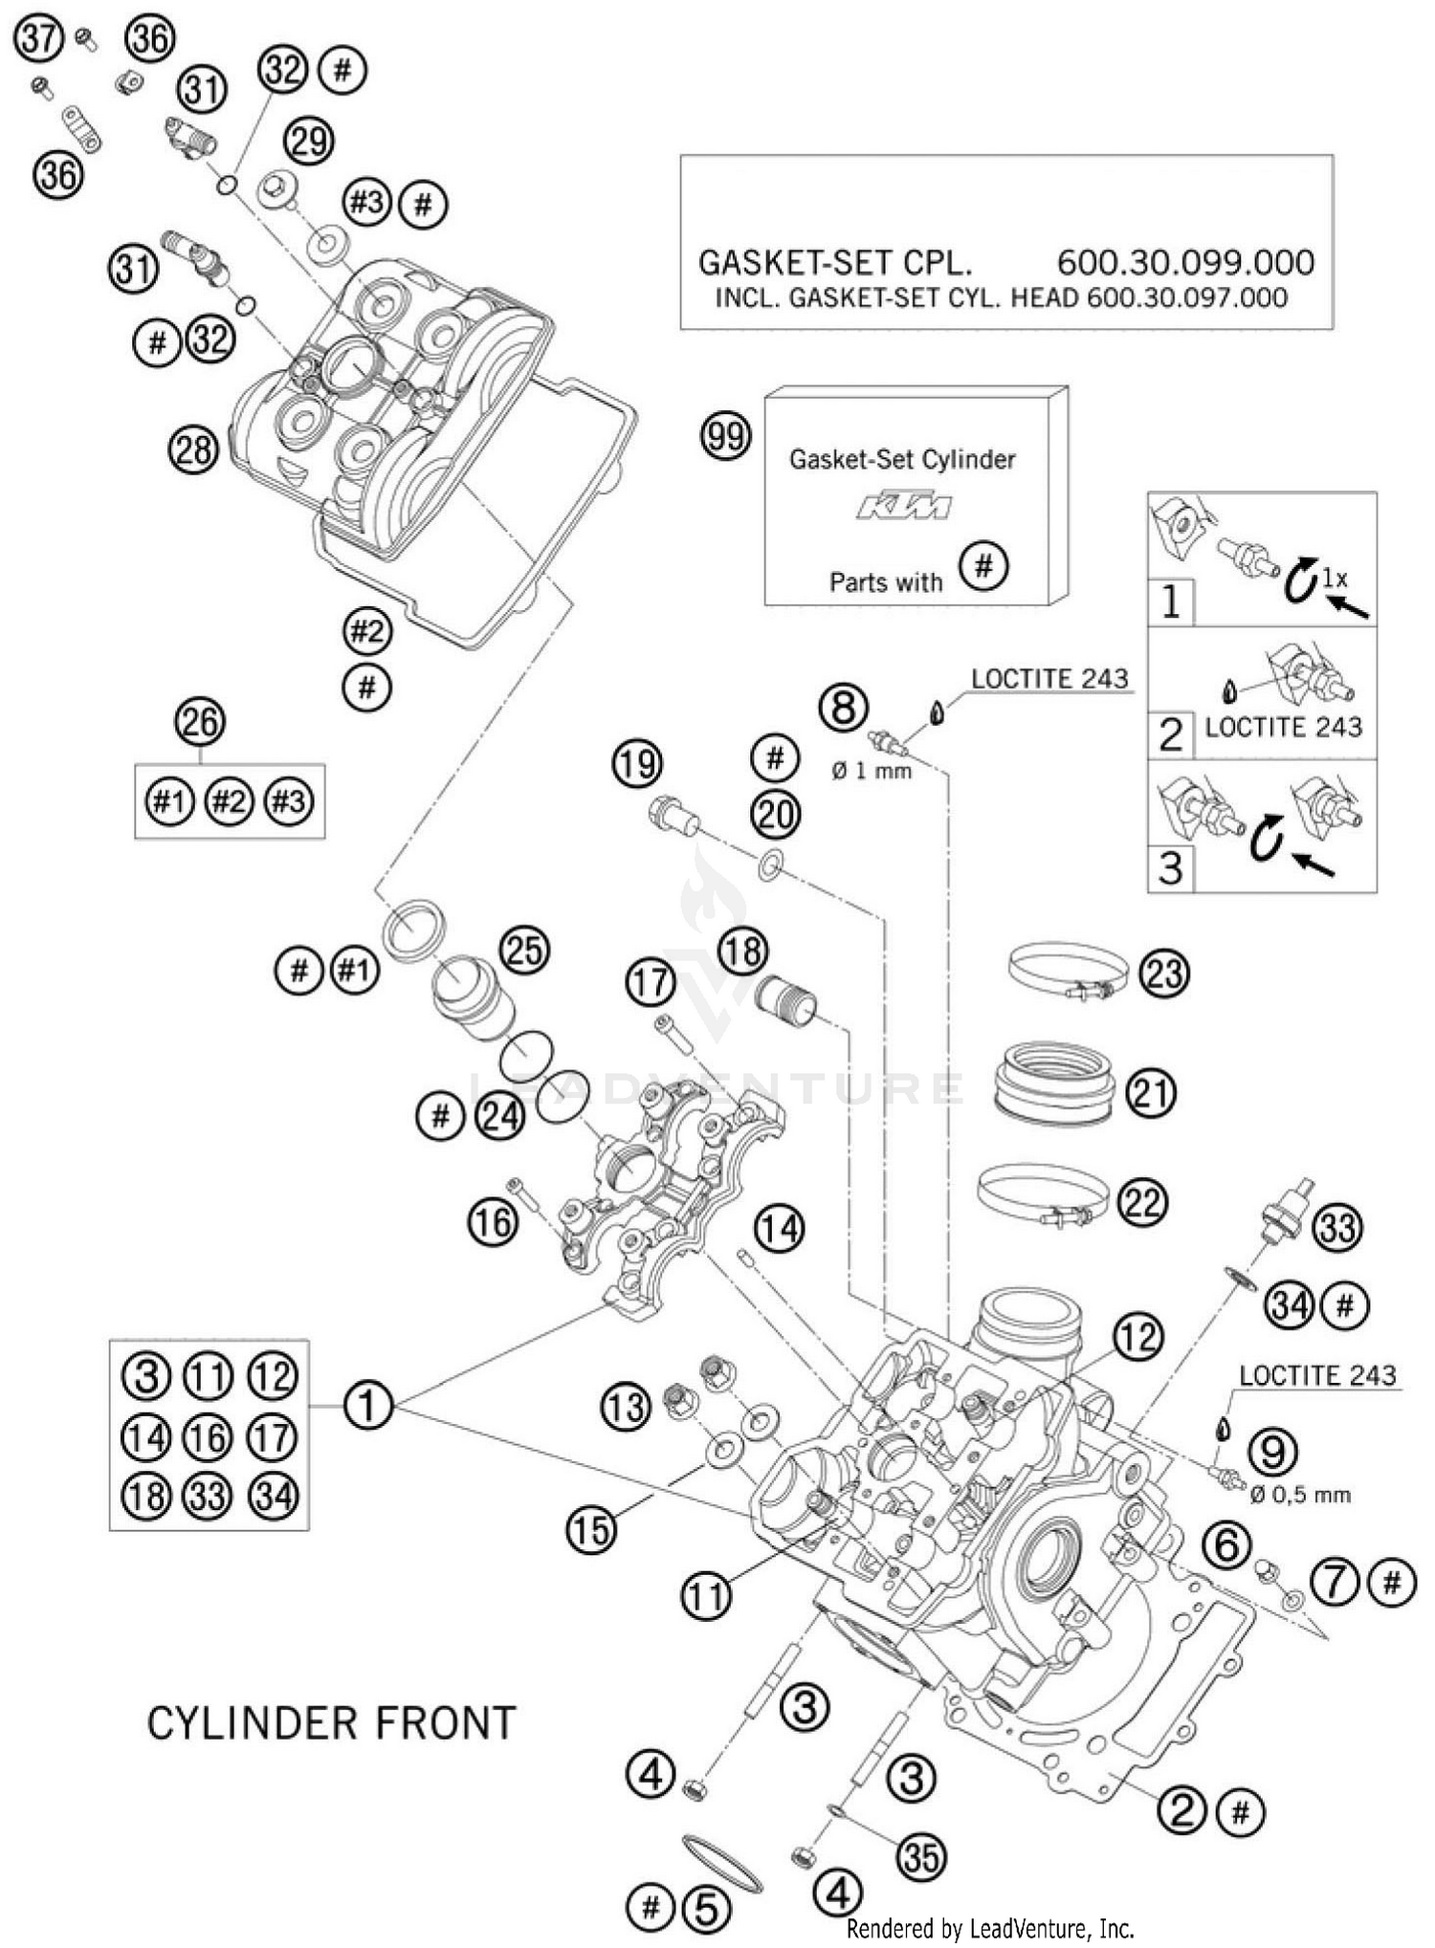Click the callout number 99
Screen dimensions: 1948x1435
725,437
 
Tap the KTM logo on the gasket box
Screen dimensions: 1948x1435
903,506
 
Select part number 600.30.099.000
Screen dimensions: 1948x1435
1184,262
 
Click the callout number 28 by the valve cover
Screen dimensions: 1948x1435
193,449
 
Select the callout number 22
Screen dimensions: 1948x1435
1141,1202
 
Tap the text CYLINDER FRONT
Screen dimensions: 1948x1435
331,1723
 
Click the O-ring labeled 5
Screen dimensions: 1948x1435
723,1863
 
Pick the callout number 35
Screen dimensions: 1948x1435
920,1857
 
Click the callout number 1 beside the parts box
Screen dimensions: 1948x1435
367,1405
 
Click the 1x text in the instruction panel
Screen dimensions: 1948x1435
1335,578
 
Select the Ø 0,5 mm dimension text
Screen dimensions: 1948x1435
1304,1495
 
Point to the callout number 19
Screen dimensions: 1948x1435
637,763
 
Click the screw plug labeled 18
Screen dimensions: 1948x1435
785,1000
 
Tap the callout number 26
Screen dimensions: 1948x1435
200,722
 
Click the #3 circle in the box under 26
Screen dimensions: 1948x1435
288,800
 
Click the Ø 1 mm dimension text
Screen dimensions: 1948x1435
872,770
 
